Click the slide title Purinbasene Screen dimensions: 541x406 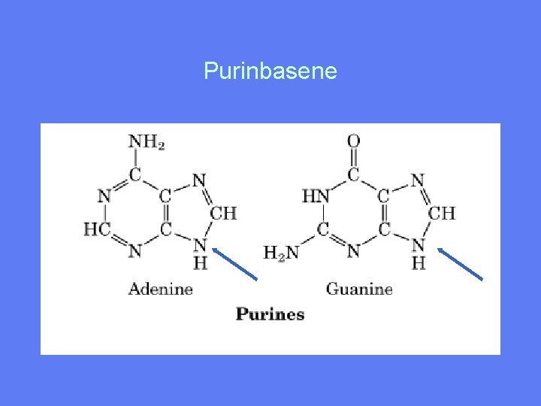(x=270, y=72)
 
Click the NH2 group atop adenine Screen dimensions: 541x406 (x=147, y=141)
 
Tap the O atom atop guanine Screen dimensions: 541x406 (x=353, y=141)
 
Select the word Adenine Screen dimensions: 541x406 (x=161, y=289)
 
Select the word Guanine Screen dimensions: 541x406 (x=359, y=289)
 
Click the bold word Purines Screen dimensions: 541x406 (x=270, y=314)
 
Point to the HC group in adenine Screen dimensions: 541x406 (x=96, y=229)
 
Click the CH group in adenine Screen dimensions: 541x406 (x=223, y=214)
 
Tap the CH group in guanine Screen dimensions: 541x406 (x=442, y=213)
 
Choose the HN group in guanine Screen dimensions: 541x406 (x=316, y=196)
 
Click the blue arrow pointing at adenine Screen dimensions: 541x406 (x=235, y=264)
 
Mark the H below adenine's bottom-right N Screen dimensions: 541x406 (x=200, y=262)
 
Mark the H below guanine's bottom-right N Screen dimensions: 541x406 (x=419, y=262)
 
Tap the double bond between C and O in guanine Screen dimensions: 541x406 (x=353, y=159)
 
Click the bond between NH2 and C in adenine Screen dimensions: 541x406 (x=135, y=159)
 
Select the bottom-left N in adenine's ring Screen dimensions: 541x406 (x=134, y=250)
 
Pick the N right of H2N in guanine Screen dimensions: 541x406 (x=354, y=250)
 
